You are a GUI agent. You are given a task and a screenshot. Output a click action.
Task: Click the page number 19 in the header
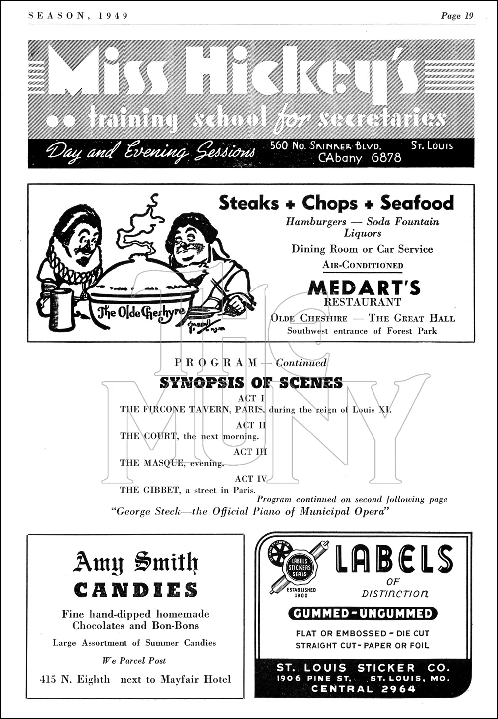click(x=469, y=16)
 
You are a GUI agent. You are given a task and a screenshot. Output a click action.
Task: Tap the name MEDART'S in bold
click(x=364, y=288)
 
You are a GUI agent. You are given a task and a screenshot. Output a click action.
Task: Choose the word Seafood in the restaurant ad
click(x=417, y=203)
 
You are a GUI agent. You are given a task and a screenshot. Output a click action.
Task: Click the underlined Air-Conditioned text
click(x=362, y=265)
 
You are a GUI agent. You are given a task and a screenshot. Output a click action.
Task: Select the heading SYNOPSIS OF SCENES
click(x=251, y=383)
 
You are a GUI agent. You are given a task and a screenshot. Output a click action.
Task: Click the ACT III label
click(x=250, y=452)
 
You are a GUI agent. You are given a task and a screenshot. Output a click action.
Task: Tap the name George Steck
click(x=147, y=512)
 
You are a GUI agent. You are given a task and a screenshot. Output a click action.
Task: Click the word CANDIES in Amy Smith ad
click(x=135, y=590)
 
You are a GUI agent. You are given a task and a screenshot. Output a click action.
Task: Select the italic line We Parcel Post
click(x=134, y=661)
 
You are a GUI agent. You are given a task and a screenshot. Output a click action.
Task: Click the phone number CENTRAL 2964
click(x=363, y=689)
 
